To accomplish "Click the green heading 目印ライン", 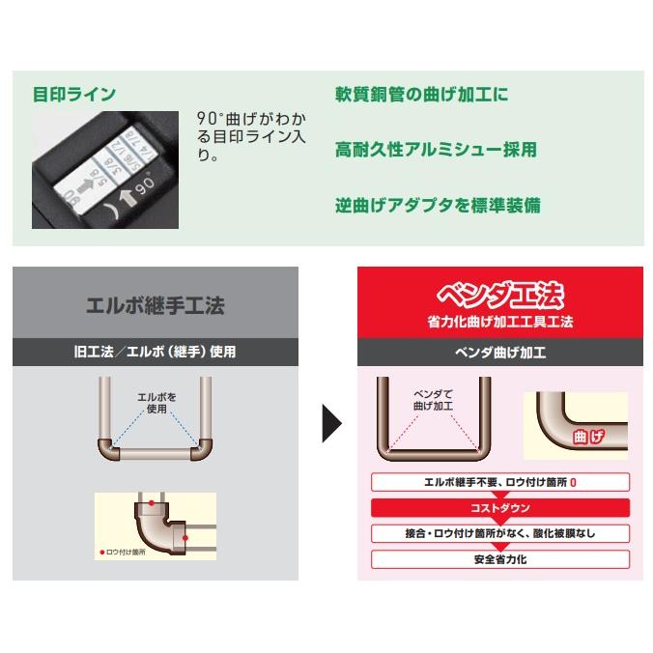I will pyautogui.click(x=74, y=94).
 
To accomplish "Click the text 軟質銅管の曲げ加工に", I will pyautogui.click(x=421, y=95).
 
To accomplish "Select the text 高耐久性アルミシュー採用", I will pyautogui.click(x=436, y=150).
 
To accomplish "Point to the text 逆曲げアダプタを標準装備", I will pyautogui.click(x=438, y=205).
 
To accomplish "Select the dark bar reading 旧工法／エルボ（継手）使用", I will pyautogui.click(x=155, y=353).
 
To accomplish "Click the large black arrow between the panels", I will pyautogui.click(x=331, y=423).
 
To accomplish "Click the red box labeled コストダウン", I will pyautogui.click(x=500, y=507).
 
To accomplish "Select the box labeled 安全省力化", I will pyautogui.click(x=500, y=558).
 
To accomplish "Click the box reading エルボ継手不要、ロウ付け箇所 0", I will pyautogui.click(x=500, y=481).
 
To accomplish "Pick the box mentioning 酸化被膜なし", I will pyautogui.click(x=500, y=533).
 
